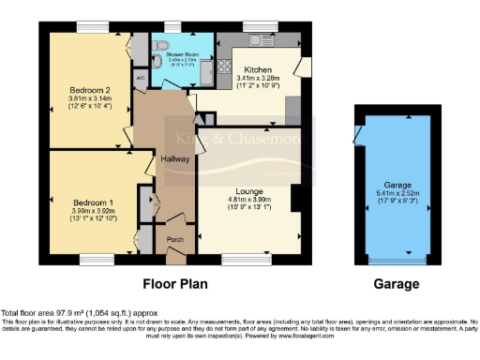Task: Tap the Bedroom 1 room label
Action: click(92, 201)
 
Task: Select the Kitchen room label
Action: click(258, 70)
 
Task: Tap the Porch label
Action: click(174, 238)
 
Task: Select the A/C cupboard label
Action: click(140, 79)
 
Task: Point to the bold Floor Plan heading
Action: click(174, 283)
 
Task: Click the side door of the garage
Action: click(359, 137)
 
